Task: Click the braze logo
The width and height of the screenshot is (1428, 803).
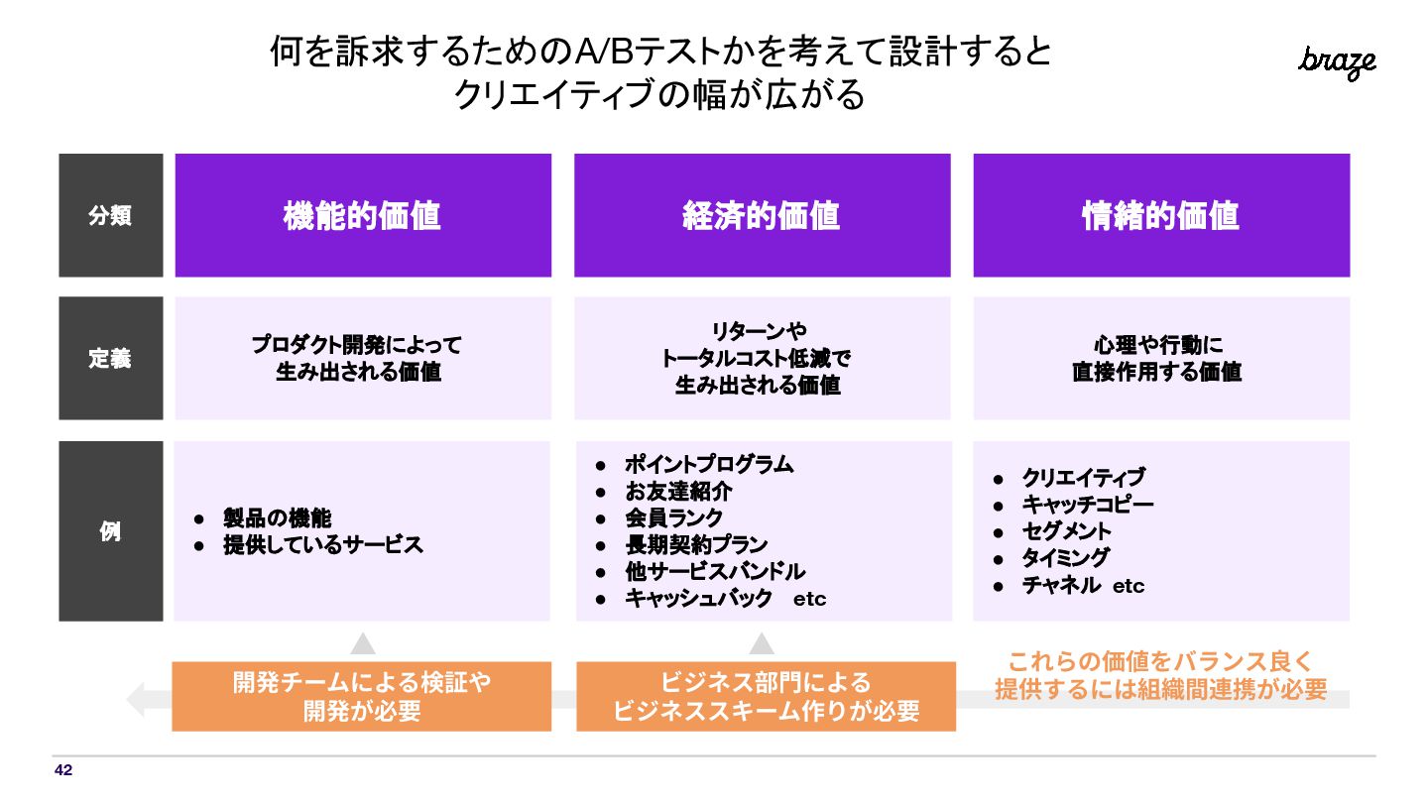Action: point(1337,62)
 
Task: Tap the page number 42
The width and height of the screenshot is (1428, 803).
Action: point(63,770)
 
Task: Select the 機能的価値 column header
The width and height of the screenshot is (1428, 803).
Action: point(362,215)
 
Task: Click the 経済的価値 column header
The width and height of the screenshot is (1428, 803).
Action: point(762,215)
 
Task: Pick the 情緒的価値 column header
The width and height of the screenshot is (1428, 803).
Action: point(1160,215)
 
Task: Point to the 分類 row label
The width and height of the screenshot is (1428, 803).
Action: point(110,215)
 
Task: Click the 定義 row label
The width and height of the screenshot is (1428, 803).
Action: point(110,359)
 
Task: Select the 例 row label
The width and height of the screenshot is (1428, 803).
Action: point(110,530)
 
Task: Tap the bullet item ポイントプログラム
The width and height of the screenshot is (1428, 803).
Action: point(709,464)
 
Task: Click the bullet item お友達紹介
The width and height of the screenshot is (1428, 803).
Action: point(678,491)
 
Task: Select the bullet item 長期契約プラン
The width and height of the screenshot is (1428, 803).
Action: point(696,544)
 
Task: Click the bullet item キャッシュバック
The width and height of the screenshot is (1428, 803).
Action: point(698,598)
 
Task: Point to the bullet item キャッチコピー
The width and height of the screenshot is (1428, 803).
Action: point(1087,505)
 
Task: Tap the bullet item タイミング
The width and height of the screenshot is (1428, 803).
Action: point(1065,558)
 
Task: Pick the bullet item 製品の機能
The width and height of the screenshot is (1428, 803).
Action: point(277,517)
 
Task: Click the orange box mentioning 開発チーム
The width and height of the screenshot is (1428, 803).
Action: point(362,696)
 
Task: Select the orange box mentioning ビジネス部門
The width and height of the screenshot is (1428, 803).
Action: point(766,696)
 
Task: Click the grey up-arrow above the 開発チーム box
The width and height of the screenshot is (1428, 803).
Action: point(363,643)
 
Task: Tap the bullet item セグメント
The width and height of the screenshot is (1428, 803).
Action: point(1066,531)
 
